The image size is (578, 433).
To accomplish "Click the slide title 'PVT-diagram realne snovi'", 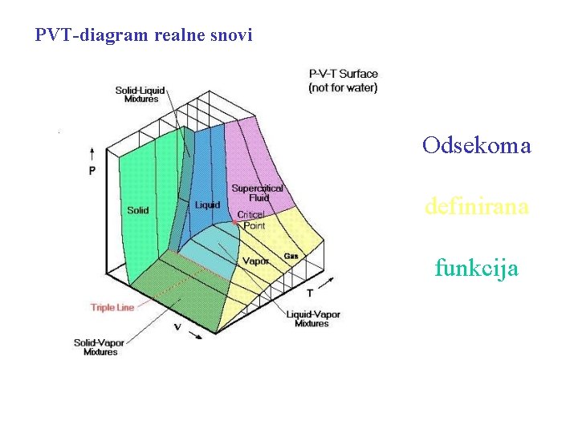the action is tap(144, 35).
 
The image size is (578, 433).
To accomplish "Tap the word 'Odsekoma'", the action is tap(476, 146).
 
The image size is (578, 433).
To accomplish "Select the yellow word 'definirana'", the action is tap(476, 207).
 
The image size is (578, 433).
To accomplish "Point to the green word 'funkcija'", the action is tap(476, 267).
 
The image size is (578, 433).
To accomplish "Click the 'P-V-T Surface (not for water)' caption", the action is tap(343, 81).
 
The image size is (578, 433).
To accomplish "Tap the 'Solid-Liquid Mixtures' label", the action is tap(140, 95).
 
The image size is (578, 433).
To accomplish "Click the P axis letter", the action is tap(92, 171).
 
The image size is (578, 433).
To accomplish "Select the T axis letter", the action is tap(310, 293).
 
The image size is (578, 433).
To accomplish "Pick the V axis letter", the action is tap(177, 326).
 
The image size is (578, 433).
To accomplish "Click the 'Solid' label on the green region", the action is tap(137, 210).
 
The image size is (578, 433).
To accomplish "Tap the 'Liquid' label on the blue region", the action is tap(207, 205).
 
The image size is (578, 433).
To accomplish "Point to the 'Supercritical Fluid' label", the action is tap(257, 193).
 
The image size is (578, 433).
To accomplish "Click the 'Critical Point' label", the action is tap(251, 221).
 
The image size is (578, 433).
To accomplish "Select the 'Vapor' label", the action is tap(255, 261).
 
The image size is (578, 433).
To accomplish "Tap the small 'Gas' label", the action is tap(291, 256).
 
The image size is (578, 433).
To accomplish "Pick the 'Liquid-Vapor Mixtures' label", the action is tap(311, 318).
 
